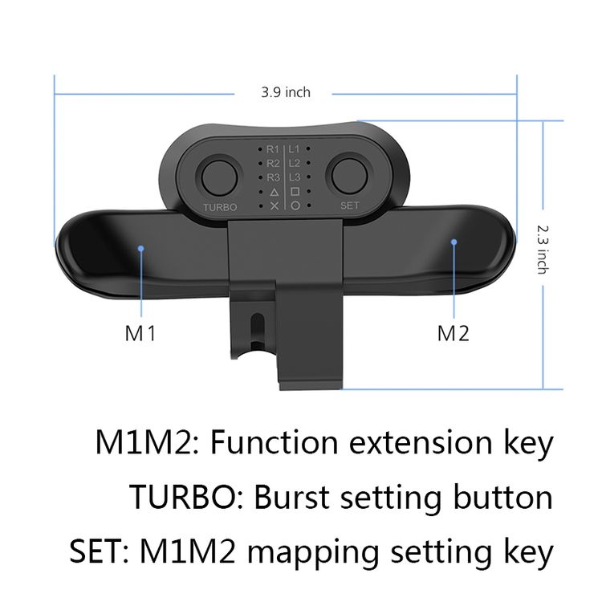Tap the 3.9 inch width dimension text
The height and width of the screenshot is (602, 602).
pyautogui.click(x=286, y=92)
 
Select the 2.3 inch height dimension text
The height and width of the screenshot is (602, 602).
pyautogui.click(x=542, y=250)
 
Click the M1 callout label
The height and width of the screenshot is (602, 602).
pyautogui.click(x=140, y=333)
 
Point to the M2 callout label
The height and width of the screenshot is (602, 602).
pyautogui.click(x=453, y=333)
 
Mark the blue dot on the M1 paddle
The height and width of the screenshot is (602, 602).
pyautogui.click(x=141, y=248)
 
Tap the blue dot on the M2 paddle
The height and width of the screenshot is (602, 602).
pyautogui.click(x=454, y=242)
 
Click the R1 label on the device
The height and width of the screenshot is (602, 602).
pyautogui.click(x=273, y=149)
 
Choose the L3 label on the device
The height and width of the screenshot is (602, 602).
pyautogui.click(x=295, y=177)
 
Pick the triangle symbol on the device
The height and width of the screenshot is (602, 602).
pyautogui.click(x=275, y=192)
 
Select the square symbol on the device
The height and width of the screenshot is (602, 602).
pyautogui.click(x=295, y=191)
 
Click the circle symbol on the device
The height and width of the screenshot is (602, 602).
pyautogui.click(x=295, y=205)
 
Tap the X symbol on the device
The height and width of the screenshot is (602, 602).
pyautogui.click(x=275, y=206)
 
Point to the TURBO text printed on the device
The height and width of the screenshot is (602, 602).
pyautogui.click(x=220, y=207)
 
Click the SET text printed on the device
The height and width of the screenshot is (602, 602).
pyautogui.click(x=349, y=205)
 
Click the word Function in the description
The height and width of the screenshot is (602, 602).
pyautogui.click(x=275, y=442)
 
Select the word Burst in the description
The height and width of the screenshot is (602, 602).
pyautogui.click(x=292, y=497)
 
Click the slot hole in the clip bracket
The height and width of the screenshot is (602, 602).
pyautogui.click(x=257, y=327)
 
